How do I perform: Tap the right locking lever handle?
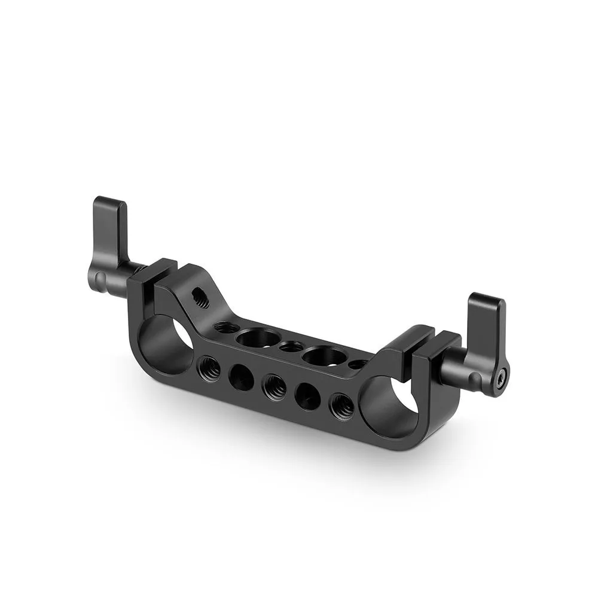(x=487, y=326)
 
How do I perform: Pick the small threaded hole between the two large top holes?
(x=291, y=346)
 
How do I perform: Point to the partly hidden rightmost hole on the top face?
(x=358, y=364)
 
